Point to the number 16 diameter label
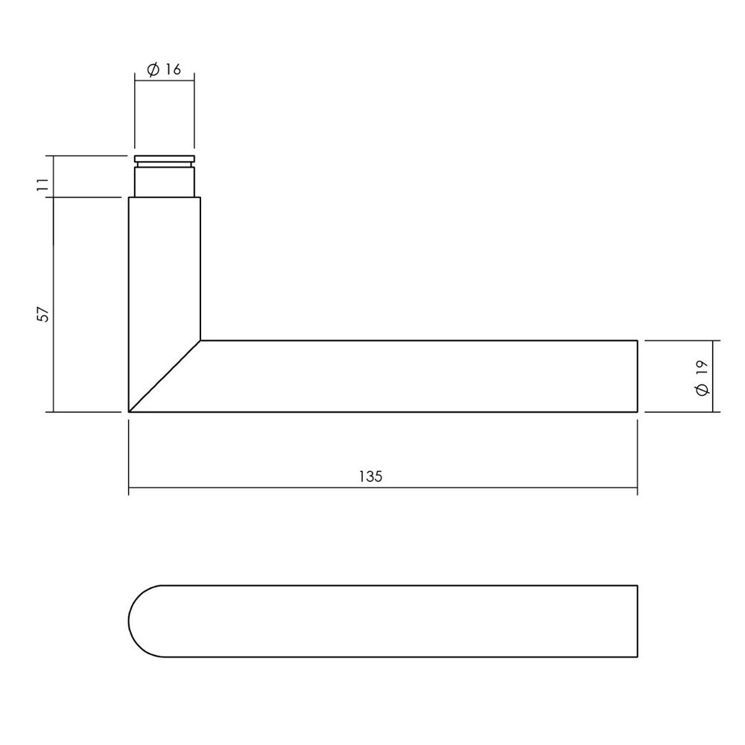(x=173, y=69)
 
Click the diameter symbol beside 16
(x=153, y=69)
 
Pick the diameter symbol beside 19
(x=701, y=390)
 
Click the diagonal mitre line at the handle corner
(x=165, y=376)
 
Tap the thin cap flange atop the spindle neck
(x=165, y=159)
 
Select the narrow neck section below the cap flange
(x=165, y=181)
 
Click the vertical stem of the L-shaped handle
(x=165, y=268)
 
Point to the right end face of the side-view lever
(x=637, y=376)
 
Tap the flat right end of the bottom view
(x=637, y=621)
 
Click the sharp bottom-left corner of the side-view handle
(x=130, y=411)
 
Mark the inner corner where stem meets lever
(x=201, y=340)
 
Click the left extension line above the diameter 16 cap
(x=135, y=112)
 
